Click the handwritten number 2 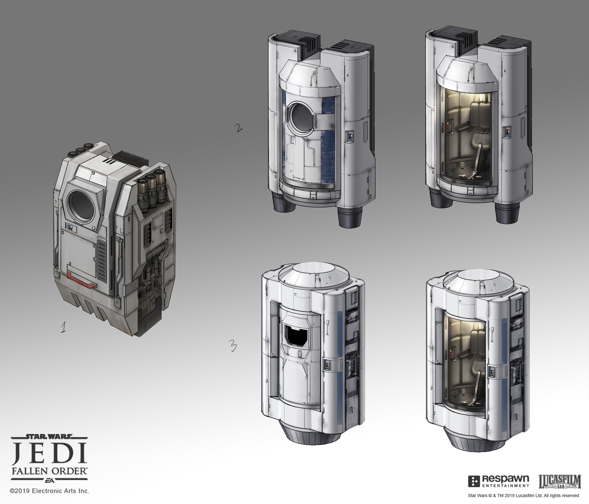click(x=238, y=128)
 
